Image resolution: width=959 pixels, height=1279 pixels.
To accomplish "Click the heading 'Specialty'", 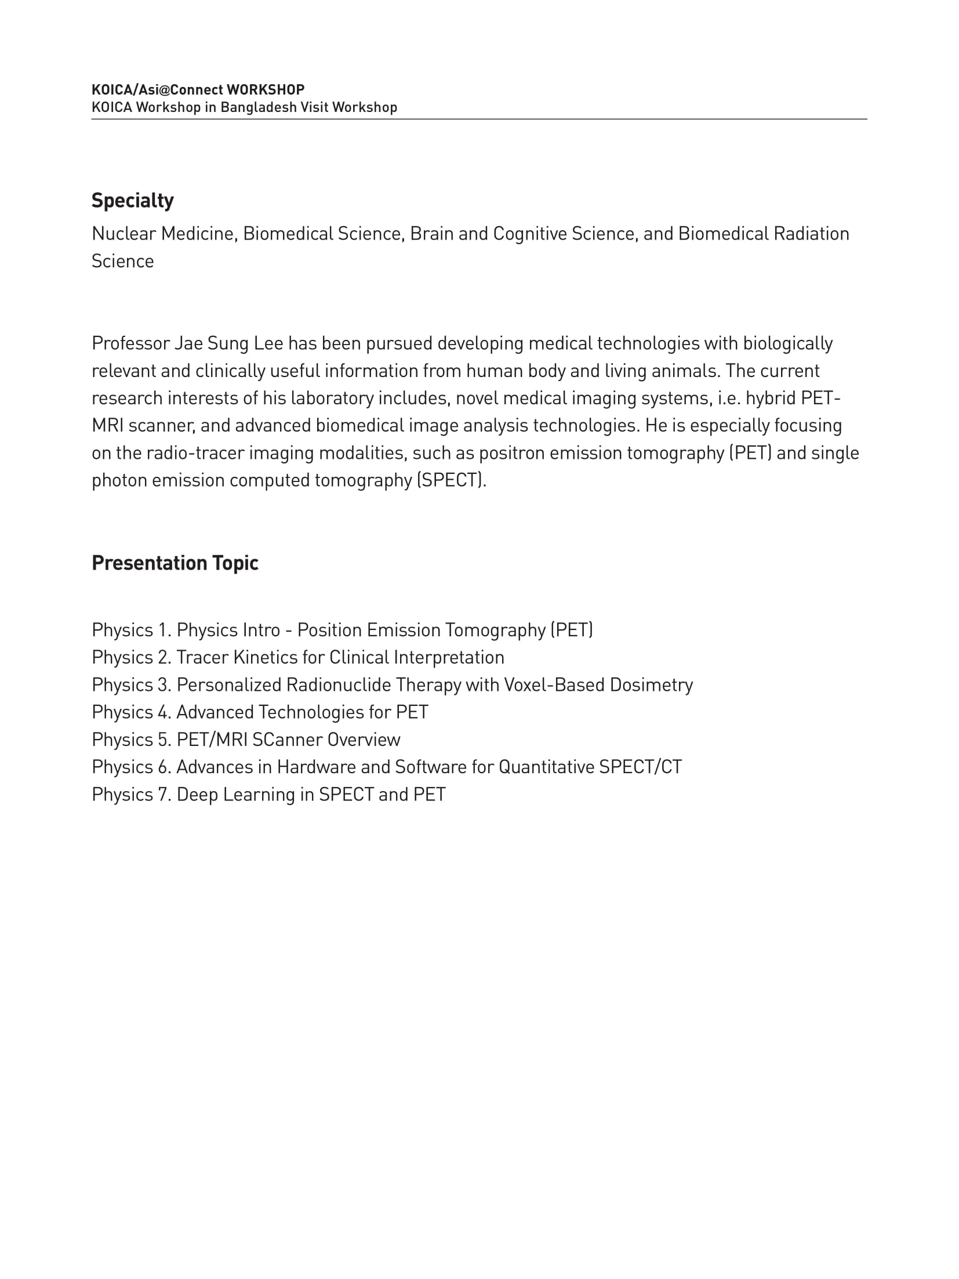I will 132,201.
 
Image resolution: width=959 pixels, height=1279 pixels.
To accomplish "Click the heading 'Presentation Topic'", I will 175,563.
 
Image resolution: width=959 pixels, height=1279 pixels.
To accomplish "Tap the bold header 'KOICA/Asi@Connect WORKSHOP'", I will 198,89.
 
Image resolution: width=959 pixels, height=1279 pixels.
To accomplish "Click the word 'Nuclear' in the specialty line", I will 124,234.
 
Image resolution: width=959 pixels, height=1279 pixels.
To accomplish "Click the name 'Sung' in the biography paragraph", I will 228,343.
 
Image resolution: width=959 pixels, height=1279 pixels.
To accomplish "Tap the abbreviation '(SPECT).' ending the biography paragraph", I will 451,480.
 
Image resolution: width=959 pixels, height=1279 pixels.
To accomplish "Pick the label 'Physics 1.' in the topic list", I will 132,630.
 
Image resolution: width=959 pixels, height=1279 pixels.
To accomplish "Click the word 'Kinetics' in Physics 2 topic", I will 265,657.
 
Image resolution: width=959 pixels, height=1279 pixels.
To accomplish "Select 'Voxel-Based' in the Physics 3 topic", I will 554,685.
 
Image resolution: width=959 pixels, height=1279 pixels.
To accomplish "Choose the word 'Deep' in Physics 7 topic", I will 197,795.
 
